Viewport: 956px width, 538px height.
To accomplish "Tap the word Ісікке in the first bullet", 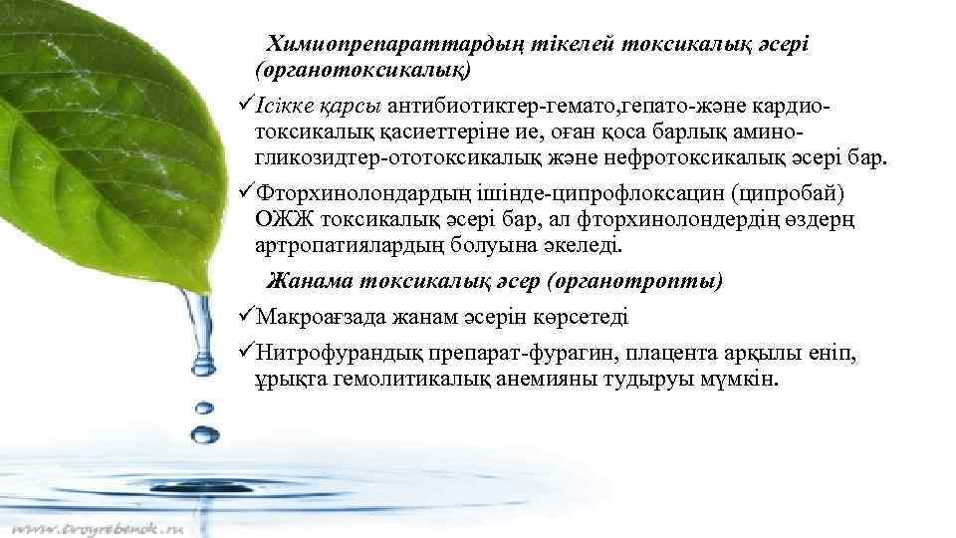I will (288, 104).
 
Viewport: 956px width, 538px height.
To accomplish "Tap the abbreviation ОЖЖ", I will (285, 219).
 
